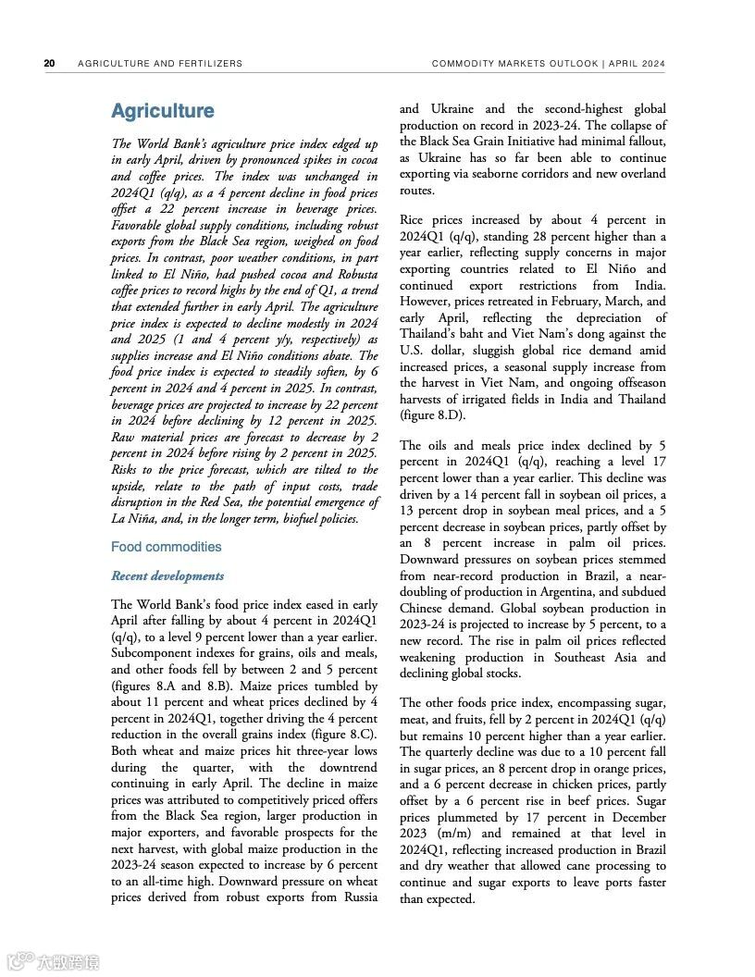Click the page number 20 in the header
(49, 64)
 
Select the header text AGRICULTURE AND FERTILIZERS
(160, 64)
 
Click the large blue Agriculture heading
(162, 111)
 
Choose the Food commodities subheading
(167, 547)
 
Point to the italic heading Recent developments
(167, 575)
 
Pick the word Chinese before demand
(424, 608)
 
